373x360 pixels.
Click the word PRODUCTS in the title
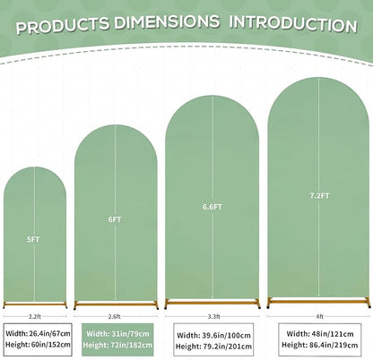[x=63, y=25]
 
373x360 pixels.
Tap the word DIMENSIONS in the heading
[x=167, y=21]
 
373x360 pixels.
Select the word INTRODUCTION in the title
[x=293, y=24]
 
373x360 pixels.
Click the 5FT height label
[x=33, y=239]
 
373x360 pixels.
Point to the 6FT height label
[x=115, y=219]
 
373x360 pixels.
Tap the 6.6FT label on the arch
[x=213, y=207]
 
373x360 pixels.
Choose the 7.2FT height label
[x=319, y=196]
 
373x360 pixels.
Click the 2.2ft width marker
[x=35, y=317]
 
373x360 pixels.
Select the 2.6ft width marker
[x=115, y=317]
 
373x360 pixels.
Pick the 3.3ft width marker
[x=214, y=317]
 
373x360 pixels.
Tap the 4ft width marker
[x=319, y=317]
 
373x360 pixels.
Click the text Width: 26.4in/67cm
[x=38, y=333]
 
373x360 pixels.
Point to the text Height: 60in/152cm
[x=38, y=345]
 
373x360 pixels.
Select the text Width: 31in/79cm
[x=117, y=334]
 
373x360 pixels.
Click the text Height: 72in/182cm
[x=117, y=345]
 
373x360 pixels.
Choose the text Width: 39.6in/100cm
[x=213, y=336]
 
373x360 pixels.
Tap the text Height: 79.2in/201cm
[x=213, y=347]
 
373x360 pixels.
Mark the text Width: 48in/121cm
[x=320, y=334]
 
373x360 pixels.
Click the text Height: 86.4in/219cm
[x=320, y=345]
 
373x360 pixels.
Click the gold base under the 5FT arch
[x=35, y=304]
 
